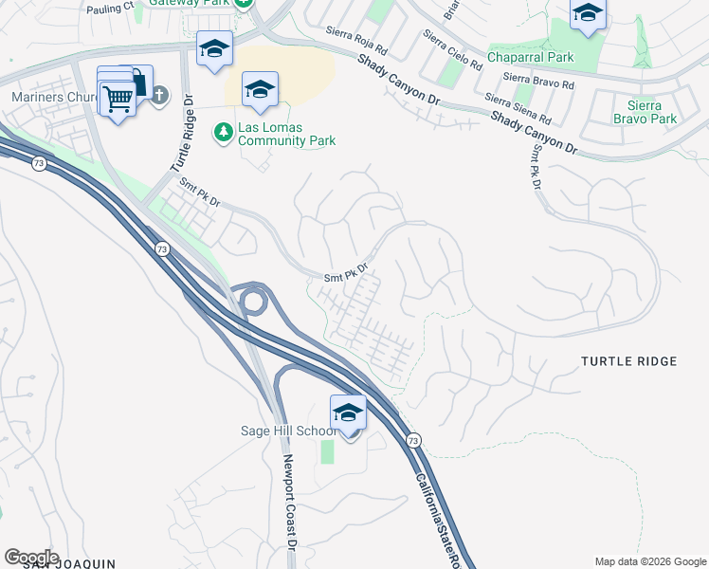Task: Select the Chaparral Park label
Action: tap(531, 58)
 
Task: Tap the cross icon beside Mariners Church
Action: tap(158, 95)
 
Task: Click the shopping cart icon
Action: tap(118, 98)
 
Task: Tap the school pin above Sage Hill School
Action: tap(348, 413)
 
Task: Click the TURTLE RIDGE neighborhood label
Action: tap(628, 361)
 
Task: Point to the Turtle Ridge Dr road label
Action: tap(182, 132)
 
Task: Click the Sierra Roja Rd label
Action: tap(356, 42)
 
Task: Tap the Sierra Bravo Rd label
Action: tap(538, 81)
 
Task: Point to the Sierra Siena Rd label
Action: tap(518, 110)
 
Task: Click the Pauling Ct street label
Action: tap(111, 7)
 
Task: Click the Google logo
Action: tap(31, 557)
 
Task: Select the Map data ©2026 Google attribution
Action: tap(649, 561)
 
